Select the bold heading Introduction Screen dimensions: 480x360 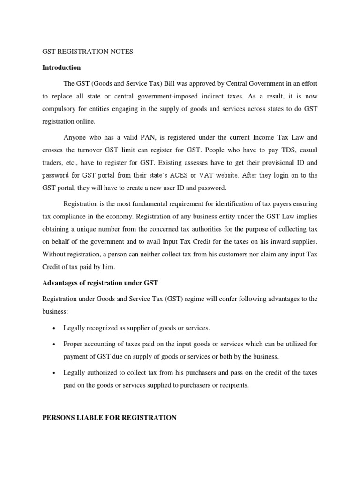coord(61,67)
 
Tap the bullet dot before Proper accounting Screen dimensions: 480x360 coord(54,344)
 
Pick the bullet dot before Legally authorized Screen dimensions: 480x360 coord(54,373)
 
